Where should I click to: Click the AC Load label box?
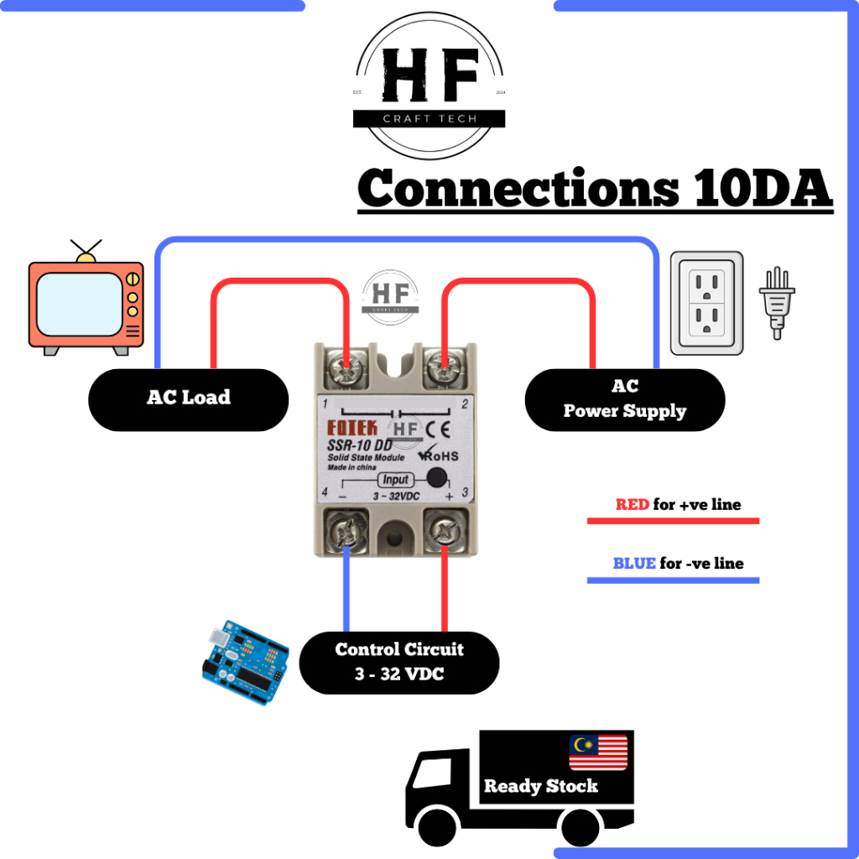click(x=188, y=399)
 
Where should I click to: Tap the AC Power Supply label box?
click(x=624, y=399)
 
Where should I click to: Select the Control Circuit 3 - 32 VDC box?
click(x=398, y=662)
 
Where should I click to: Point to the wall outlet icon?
click(x=706, y=303)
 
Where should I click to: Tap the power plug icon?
click(x=777, y=301)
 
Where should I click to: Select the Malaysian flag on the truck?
click(x=598, y=752)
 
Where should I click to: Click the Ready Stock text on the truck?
click(x=541, y=787)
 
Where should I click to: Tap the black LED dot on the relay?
click(x=436, y=478)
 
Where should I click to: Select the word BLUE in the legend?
click(x=634, y=564)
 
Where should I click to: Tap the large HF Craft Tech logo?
click(x=429, y=85)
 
